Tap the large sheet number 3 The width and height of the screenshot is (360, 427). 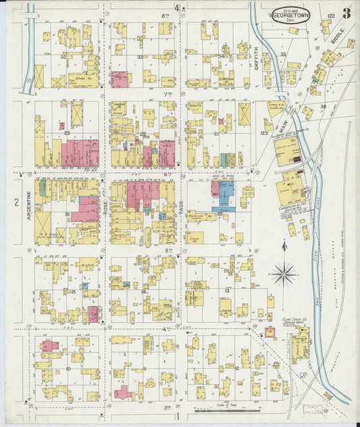tap(346, 12)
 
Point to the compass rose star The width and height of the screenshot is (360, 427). tap(284, 274)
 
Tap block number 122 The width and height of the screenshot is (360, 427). tap(331, 16)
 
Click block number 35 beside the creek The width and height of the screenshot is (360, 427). tap(284, 54)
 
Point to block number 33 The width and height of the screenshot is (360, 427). tap(139, 57)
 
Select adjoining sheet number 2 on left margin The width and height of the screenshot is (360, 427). tap(15, 202)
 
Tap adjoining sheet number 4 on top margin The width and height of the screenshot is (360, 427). tap(177, 8)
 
